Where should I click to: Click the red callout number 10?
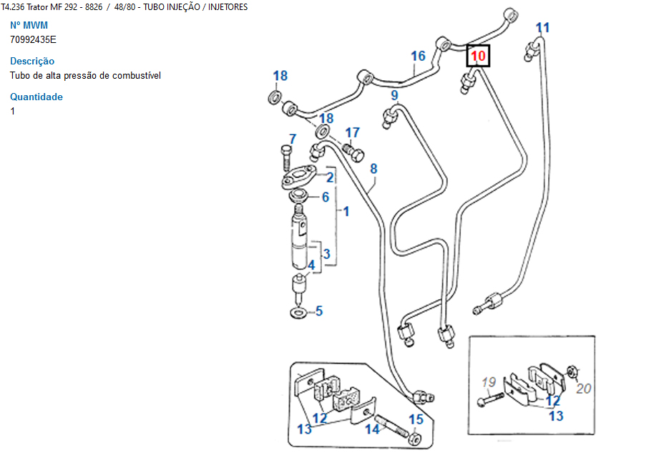[x=478, y=55]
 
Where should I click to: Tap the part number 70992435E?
[x=33, y=39]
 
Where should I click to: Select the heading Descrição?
[x=32, y=61]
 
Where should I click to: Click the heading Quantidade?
[x=36, y=97]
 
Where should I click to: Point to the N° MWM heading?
[x=29, y=25]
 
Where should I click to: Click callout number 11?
[x=542, y=28]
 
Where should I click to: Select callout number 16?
[x=418, y=56]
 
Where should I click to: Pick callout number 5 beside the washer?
[x=319, y=311]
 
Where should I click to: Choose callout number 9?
[x=394, y=95]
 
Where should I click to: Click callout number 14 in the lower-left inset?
[x=372, y=429]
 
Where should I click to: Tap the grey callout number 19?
[x=488, y=381]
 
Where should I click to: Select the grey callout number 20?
[x=584, y=389]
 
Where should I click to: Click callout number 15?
[x=416, y=419]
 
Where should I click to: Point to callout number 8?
[x=373, y=169]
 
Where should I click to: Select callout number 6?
[x=325, y=197]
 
